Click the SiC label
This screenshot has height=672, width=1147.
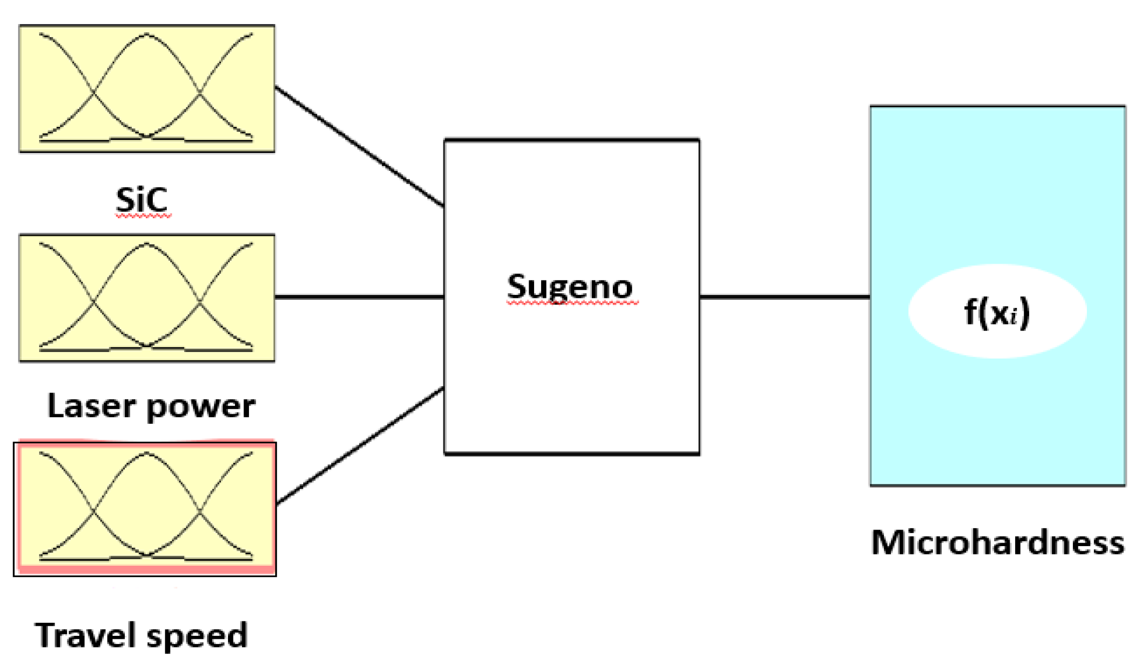click(x=141, y=200)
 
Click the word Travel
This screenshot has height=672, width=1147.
click(x=85, y=635)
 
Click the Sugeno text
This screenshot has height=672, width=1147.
click(x=570, y=287)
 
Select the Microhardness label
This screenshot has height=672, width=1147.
click(x=998, y=543)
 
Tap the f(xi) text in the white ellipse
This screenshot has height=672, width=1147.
click(x=997, y=312)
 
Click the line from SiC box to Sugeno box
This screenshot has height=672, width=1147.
click(x=359, y=146)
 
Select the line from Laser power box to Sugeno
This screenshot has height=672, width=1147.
click(x=359, y=297)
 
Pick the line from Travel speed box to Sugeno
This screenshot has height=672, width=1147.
click(x=359, y=445)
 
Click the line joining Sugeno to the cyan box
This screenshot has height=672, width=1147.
click(x=784, y=297)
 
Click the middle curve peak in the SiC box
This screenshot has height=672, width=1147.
click(x=146, y=35)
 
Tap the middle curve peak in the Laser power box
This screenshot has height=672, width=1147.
click(x=146, y=244)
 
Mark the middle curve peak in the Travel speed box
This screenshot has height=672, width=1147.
click(x=146, y=453)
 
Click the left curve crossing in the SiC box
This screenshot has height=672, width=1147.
click(x=94, y=93)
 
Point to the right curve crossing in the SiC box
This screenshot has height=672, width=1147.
click(x=200, y=93)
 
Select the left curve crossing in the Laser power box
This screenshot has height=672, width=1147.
click(x=94, y=302)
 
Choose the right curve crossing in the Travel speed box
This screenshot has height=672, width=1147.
click(x=200, y=512)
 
